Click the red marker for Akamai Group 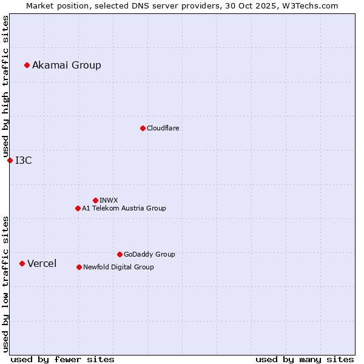27,65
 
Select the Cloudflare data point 143,128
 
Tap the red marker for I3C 10,160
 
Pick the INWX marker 95,200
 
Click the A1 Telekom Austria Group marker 78,208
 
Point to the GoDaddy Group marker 120,254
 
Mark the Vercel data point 22,263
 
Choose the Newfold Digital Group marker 79,267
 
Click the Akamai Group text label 67,65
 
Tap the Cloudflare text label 163,128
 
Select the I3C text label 24,160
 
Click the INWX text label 109,200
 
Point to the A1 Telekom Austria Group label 124,208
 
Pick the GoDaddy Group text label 149,254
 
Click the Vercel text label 42,263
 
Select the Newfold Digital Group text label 118,267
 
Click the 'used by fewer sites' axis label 62,359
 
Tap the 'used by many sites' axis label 305,359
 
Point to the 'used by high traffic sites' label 5,86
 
